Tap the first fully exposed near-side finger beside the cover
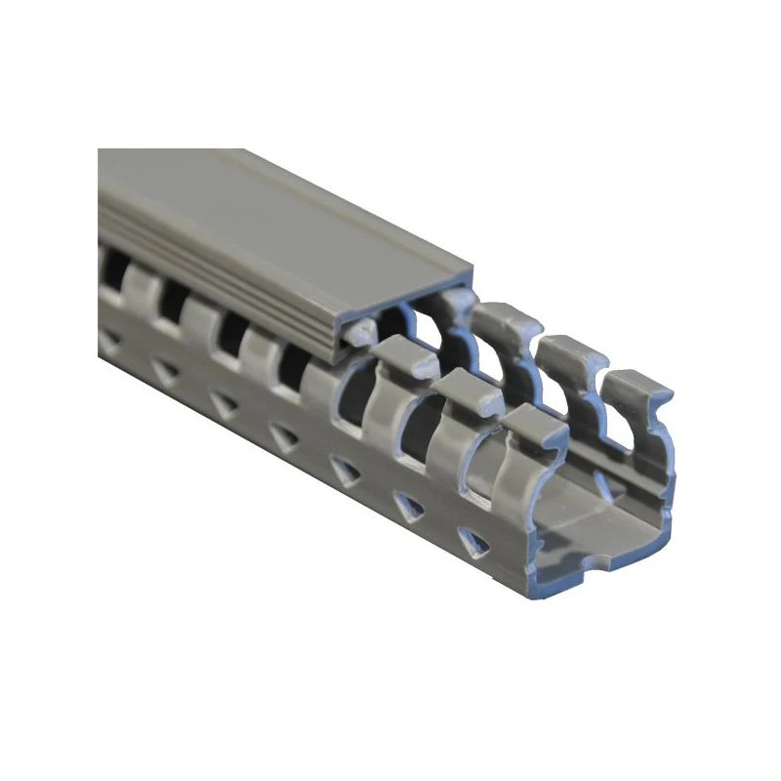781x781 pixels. click(400, 356)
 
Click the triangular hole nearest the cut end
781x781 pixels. click(468, 543)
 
